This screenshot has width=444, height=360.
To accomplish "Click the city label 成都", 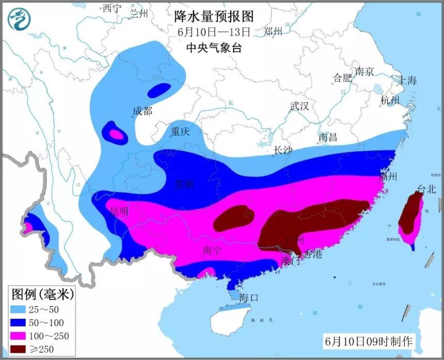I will point(142,111).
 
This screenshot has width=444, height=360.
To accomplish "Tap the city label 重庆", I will point(181,131).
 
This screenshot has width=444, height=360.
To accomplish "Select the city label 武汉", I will point(299,106).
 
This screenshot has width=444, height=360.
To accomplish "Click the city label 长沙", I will point(282,150).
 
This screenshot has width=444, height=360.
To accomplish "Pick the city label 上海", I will point(405,80).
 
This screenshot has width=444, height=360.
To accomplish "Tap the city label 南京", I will point(364,72).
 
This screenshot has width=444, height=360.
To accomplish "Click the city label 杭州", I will point(390,100).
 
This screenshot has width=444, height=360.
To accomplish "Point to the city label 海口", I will point(248,298).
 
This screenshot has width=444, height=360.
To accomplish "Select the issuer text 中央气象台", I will point(214,48).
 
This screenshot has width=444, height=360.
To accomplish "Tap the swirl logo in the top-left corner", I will point(20,20).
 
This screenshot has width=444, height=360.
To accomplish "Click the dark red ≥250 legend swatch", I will point(21,349).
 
